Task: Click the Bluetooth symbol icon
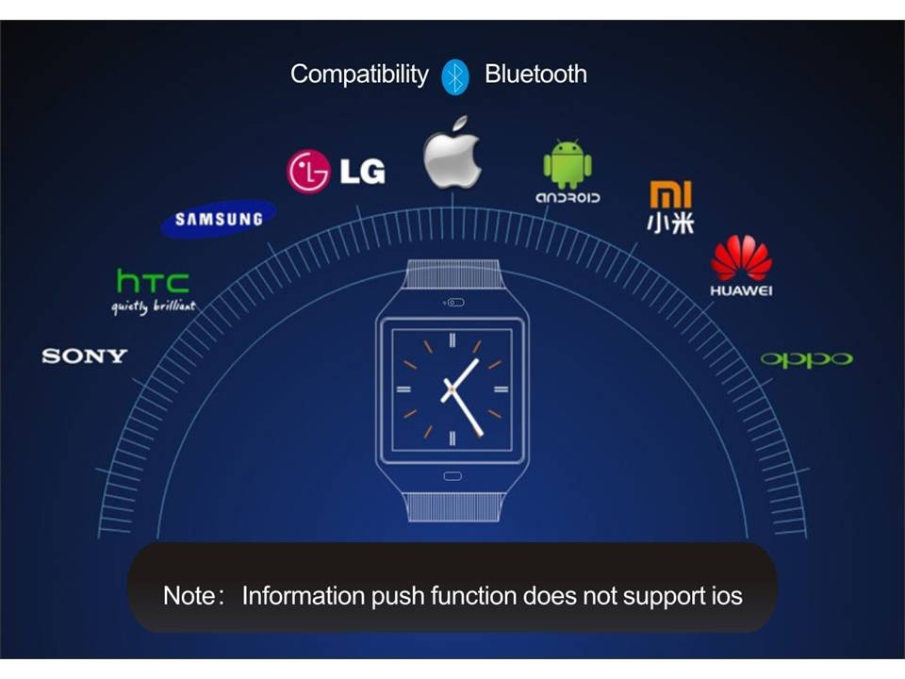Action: (455, 75)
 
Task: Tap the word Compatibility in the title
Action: (358, 75)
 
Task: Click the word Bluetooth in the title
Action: (535, 75)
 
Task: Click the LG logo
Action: (337, 172)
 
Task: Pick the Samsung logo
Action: (219, 219)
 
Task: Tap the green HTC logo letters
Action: (153, 280)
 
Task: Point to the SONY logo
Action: (84, 356)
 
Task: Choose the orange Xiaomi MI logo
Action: (670, 194)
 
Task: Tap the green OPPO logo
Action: (806, 359)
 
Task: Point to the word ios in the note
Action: (722, 596)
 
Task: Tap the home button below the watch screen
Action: (452, 476)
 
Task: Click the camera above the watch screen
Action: (453, 303)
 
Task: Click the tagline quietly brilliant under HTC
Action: (154, 307)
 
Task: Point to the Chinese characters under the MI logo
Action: (670, 224)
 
